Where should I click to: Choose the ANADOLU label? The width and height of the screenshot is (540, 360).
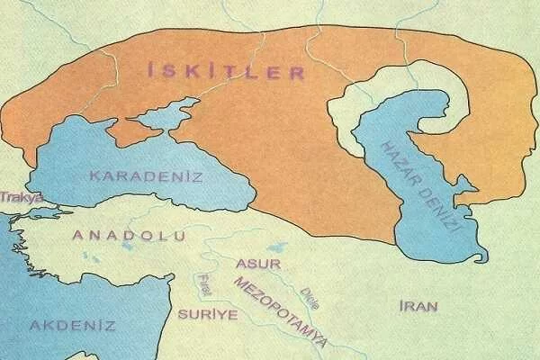tap(129, 236)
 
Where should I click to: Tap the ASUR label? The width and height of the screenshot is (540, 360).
tap(258, 264)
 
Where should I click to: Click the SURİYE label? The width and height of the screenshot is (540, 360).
tap(207, 314)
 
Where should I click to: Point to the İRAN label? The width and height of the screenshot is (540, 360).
tap(418, 306)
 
